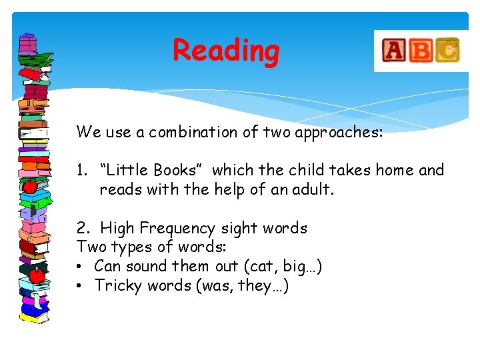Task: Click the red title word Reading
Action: pyautogui.click(x=226, y=51)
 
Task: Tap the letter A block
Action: pyautogui.click(x=393, y=51)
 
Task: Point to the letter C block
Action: pyautogui.click(x=447, y=49)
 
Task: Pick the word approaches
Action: pyautogui.click(x=339, y=133)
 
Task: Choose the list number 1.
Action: pyautogui.click(x=80, y=171)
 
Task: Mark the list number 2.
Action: pyautogui.click(x=81, y=229)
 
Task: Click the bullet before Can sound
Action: pyautogui.click(x=79, y=267)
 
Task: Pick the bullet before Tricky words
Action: pyautogui.click(x=79, y=286)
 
